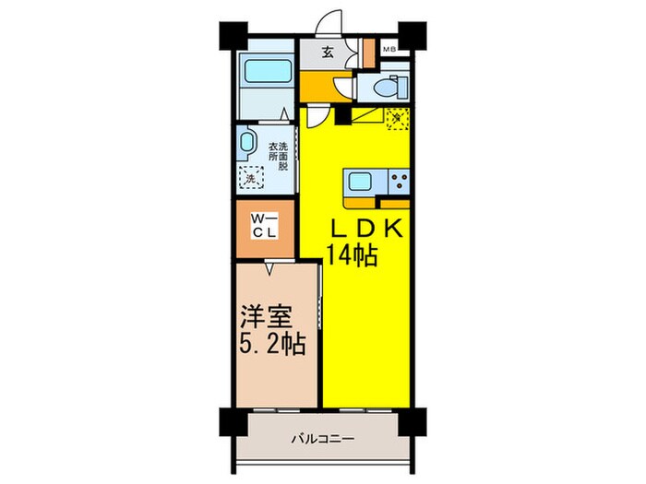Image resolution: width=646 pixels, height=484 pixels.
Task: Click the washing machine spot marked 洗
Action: click(x=249, y=178)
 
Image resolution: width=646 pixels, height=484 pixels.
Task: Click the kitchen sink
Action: click(x=360, y=179)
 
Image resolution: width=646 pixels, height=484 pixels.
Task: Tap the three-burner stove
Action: click(x=399, y=179)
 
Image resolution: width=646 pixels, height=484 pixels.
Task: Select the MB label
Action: click(x=389, y=50)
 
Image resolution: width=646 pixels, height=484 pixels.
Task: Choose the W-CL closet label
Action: click(x=263, y=226)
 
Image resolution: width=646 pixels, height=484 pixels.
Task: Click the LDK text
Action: click(x=363, y=230)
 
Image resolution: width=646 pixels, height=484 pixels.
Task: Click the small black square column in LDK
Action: click(x=344, y=115)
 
